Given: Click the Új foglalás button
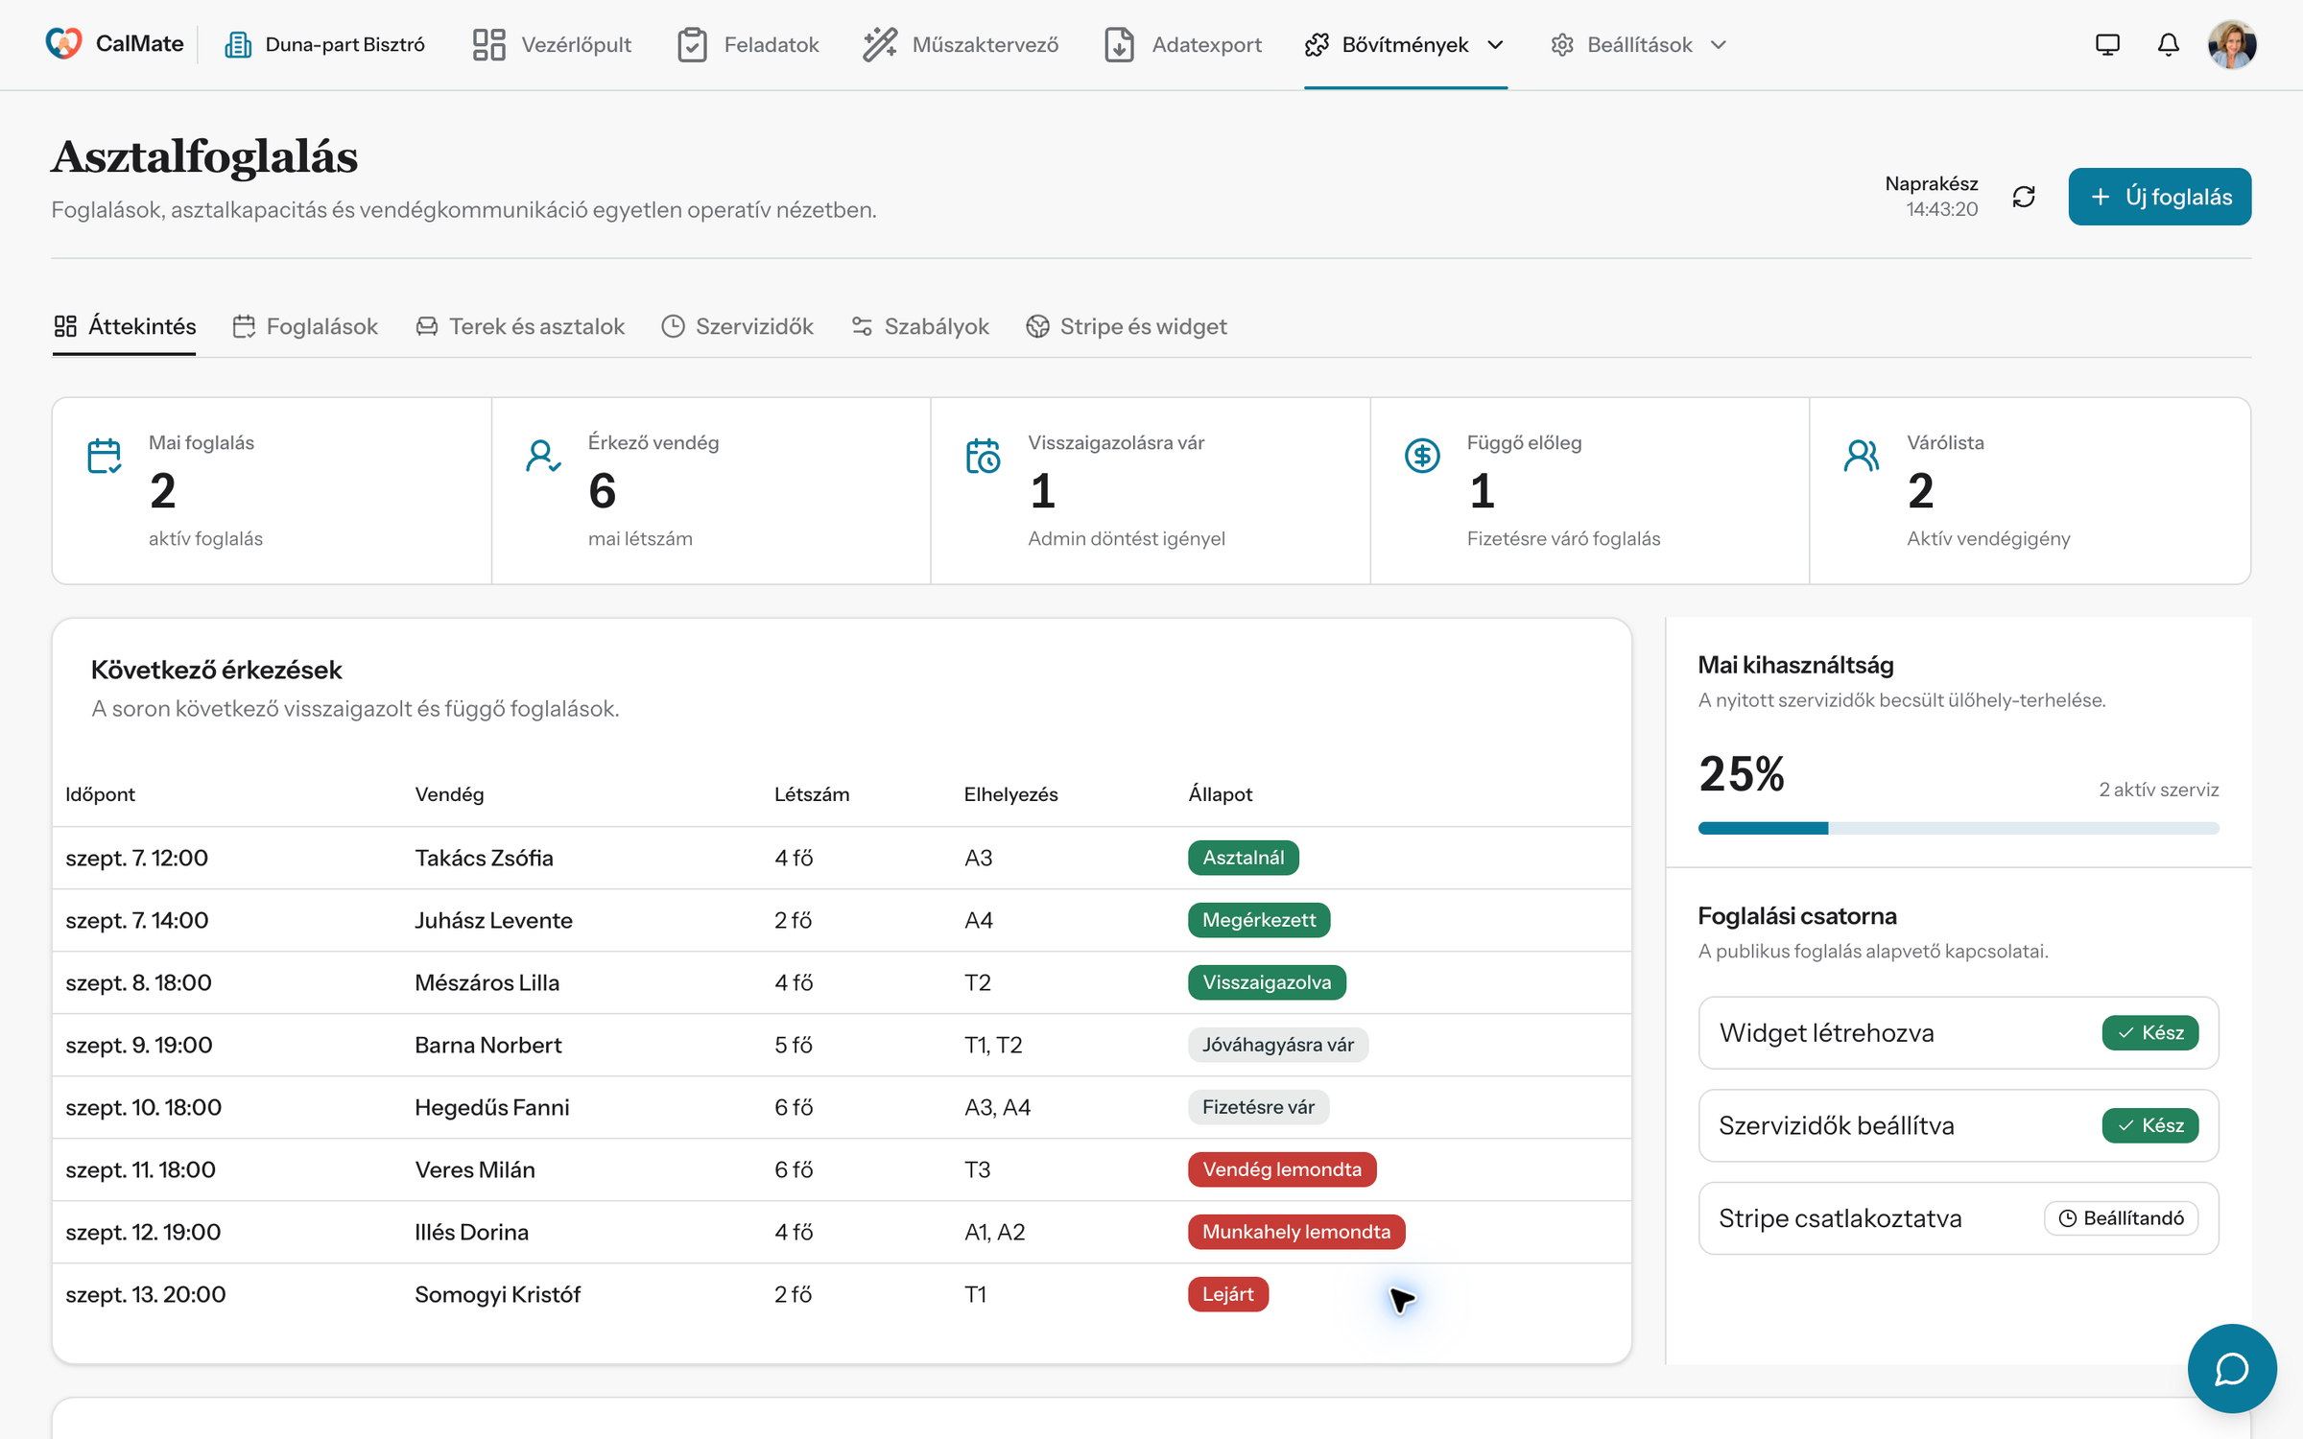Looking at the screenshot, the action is (x=2159, y=197).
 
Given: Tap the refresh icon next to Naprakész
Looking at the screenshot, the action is (x=2024, y=197).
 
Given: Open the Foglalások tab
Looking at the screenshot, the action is (x=305, y=326).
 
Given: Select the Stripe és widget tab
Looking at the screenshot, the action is (x=1126, y=326).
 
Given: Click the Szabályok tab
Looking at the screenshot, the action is (x=919, y=326).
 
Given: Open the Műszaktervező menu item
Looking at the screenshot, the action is (x=961, y=44).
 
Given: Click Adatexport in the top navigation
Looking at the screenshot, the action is (x=1183, y=44).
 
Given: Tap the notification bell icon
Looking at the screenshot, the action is (x=2169, y=44).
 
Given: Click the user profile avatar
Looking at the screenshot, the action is (x=2232, y=44).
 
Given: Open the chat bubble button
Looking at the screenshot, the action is (x=2232, y=1368).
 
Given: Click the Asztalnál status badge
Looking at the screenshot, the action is (x=1244, y=858).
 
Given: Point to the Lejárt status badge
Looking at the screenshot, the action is (x=1228, y=1294).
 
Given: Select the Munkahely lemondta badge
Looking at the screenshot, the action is (x=1296, y=1232).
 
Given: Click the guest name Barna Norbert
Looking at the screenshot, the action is (x=488, y=1045).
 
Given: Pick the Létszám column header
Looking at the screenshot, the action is (x=812, y=794).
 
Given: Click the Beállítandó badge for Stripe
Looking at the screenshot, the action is (x=2122, y=1218).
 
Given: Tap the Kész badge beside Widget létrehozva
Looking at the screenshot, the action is (x=2150, y=1033).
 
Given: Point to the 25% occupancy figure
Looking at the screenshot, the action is (x=1742, y=774).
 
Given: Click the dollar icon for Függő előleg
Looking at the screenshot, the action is (x=1422, y=456).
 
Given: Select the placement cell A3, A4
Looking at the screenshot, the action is (x=998, y=1107).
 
